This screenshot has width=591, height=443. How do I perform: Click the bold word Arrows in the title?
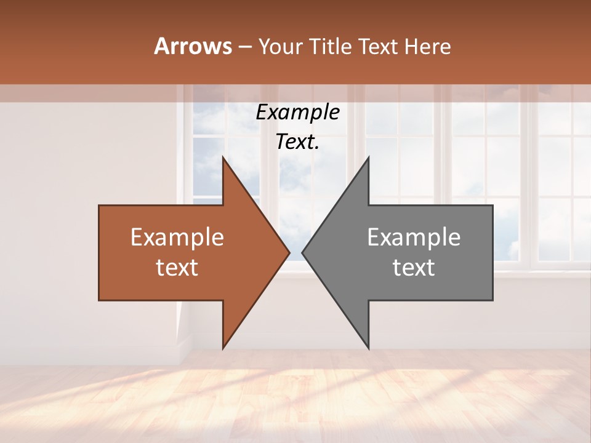(x=193, y=46)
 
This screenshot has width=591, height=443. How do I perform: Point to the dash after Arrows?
(x=244, y=47)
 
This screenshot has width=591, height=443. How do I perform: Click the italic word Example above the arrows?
(x=297, y=112)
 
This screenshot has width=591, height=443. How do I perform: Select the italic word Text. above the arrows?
(x=297, y=142)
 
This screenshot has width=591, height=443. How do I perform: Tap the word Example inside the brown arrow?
(x=177, y=237)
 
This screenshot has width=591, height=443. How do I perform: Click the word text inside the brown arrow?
(x=177, y=268)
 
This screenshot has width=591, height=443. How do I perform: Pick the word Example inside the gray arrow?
(x=414, y=237)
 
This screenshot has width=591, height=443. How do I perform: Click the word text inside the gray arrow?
(x=414, y=268)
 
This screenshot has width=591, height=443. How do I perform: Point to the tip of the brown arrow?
(x=289, y=253)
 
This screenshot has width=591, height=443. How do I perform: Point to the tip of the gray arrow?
(x=302, y=253)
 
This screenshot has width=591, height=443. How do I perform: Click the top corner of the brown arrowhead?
(x=223, y=158)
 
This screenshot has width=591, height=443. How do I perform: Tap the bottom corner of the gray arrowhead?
(x=369, y=348)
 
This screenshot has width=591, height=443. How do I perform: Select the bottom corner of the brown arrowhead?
(x=223, y=348)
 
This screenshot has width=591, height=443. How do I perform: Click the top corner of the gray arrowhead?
(x=369, y=158)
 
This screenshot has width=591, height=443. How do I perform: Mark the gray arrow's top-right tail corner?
(x=492, y=206)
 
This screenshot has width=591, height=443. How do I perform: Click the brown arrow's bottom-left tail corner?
(x=99, y=300)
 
